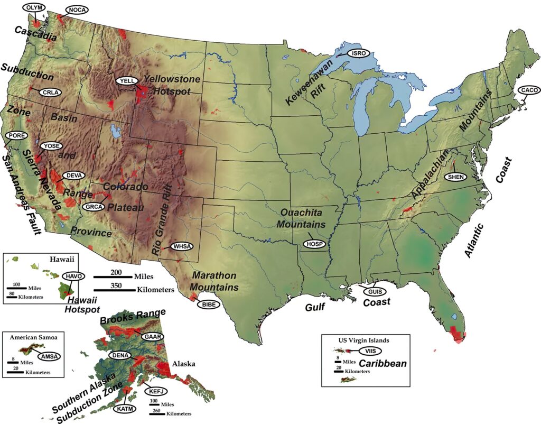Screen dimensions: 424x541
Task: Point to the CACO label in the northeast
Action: click(528, 90)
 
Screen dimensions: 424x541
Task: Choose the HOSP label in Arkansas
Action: click(315, 243)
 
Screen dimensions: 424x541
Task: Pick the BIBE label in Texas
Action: click(207, 304)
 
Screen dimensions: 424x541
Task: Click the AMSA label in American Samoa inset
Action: click(49, 356)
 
